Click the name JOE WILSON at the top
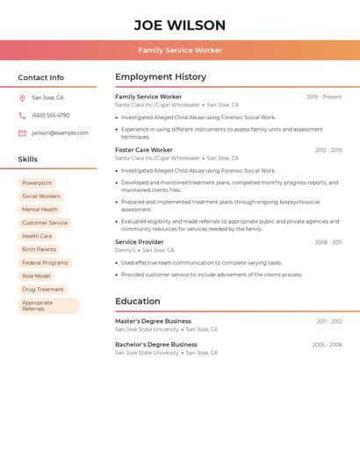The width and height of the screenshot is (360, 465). (x=180, y=25)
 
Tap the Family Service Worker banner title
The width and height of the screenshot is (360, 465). (x=180, y=51)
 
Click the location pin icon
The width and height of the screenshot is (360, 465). (x=22, y=98)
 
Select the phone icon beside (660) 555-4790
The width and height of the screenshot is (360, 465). (x=22, y=116)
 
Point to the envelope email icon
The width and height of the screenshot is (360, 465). (x=22, y=133)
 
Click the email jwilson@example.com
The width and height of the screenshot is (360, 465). (x=60, y=133)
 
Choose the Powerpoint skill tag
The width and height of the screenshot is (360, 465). (x=37, y=183)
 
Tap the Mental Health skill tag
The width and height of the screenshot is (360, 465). (x=40, y=210)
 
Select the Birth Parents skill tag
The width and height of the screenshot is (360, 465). (x=39, y=249)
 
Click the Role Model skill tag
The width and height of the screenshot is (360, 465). (x=36, y=275)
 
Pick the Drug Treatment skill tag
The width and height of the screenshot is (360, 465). (x=42, y=289)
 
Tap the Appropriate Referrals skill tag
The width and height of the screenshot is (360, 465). (x=48, y=305)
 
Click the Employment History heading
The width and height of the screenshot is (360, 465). (x=161, y=77)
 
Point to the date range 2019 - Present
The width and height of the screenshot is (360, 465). (x=324, y=97)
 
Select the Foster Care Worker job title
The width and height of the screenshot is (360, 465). (x=144, y=150)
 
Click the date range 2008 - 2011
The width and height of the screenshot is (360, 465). (x=328, y=242)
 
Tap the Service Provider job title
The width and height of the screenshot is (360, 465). (x=139, y=242)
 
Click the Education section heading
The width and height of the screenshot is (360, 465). (x=137, y=301)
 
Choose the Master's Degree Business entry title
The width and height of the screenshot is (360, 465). (x=153, y=321)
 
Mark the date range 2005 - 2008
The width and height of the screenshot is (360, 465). (x=327, y=345)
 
